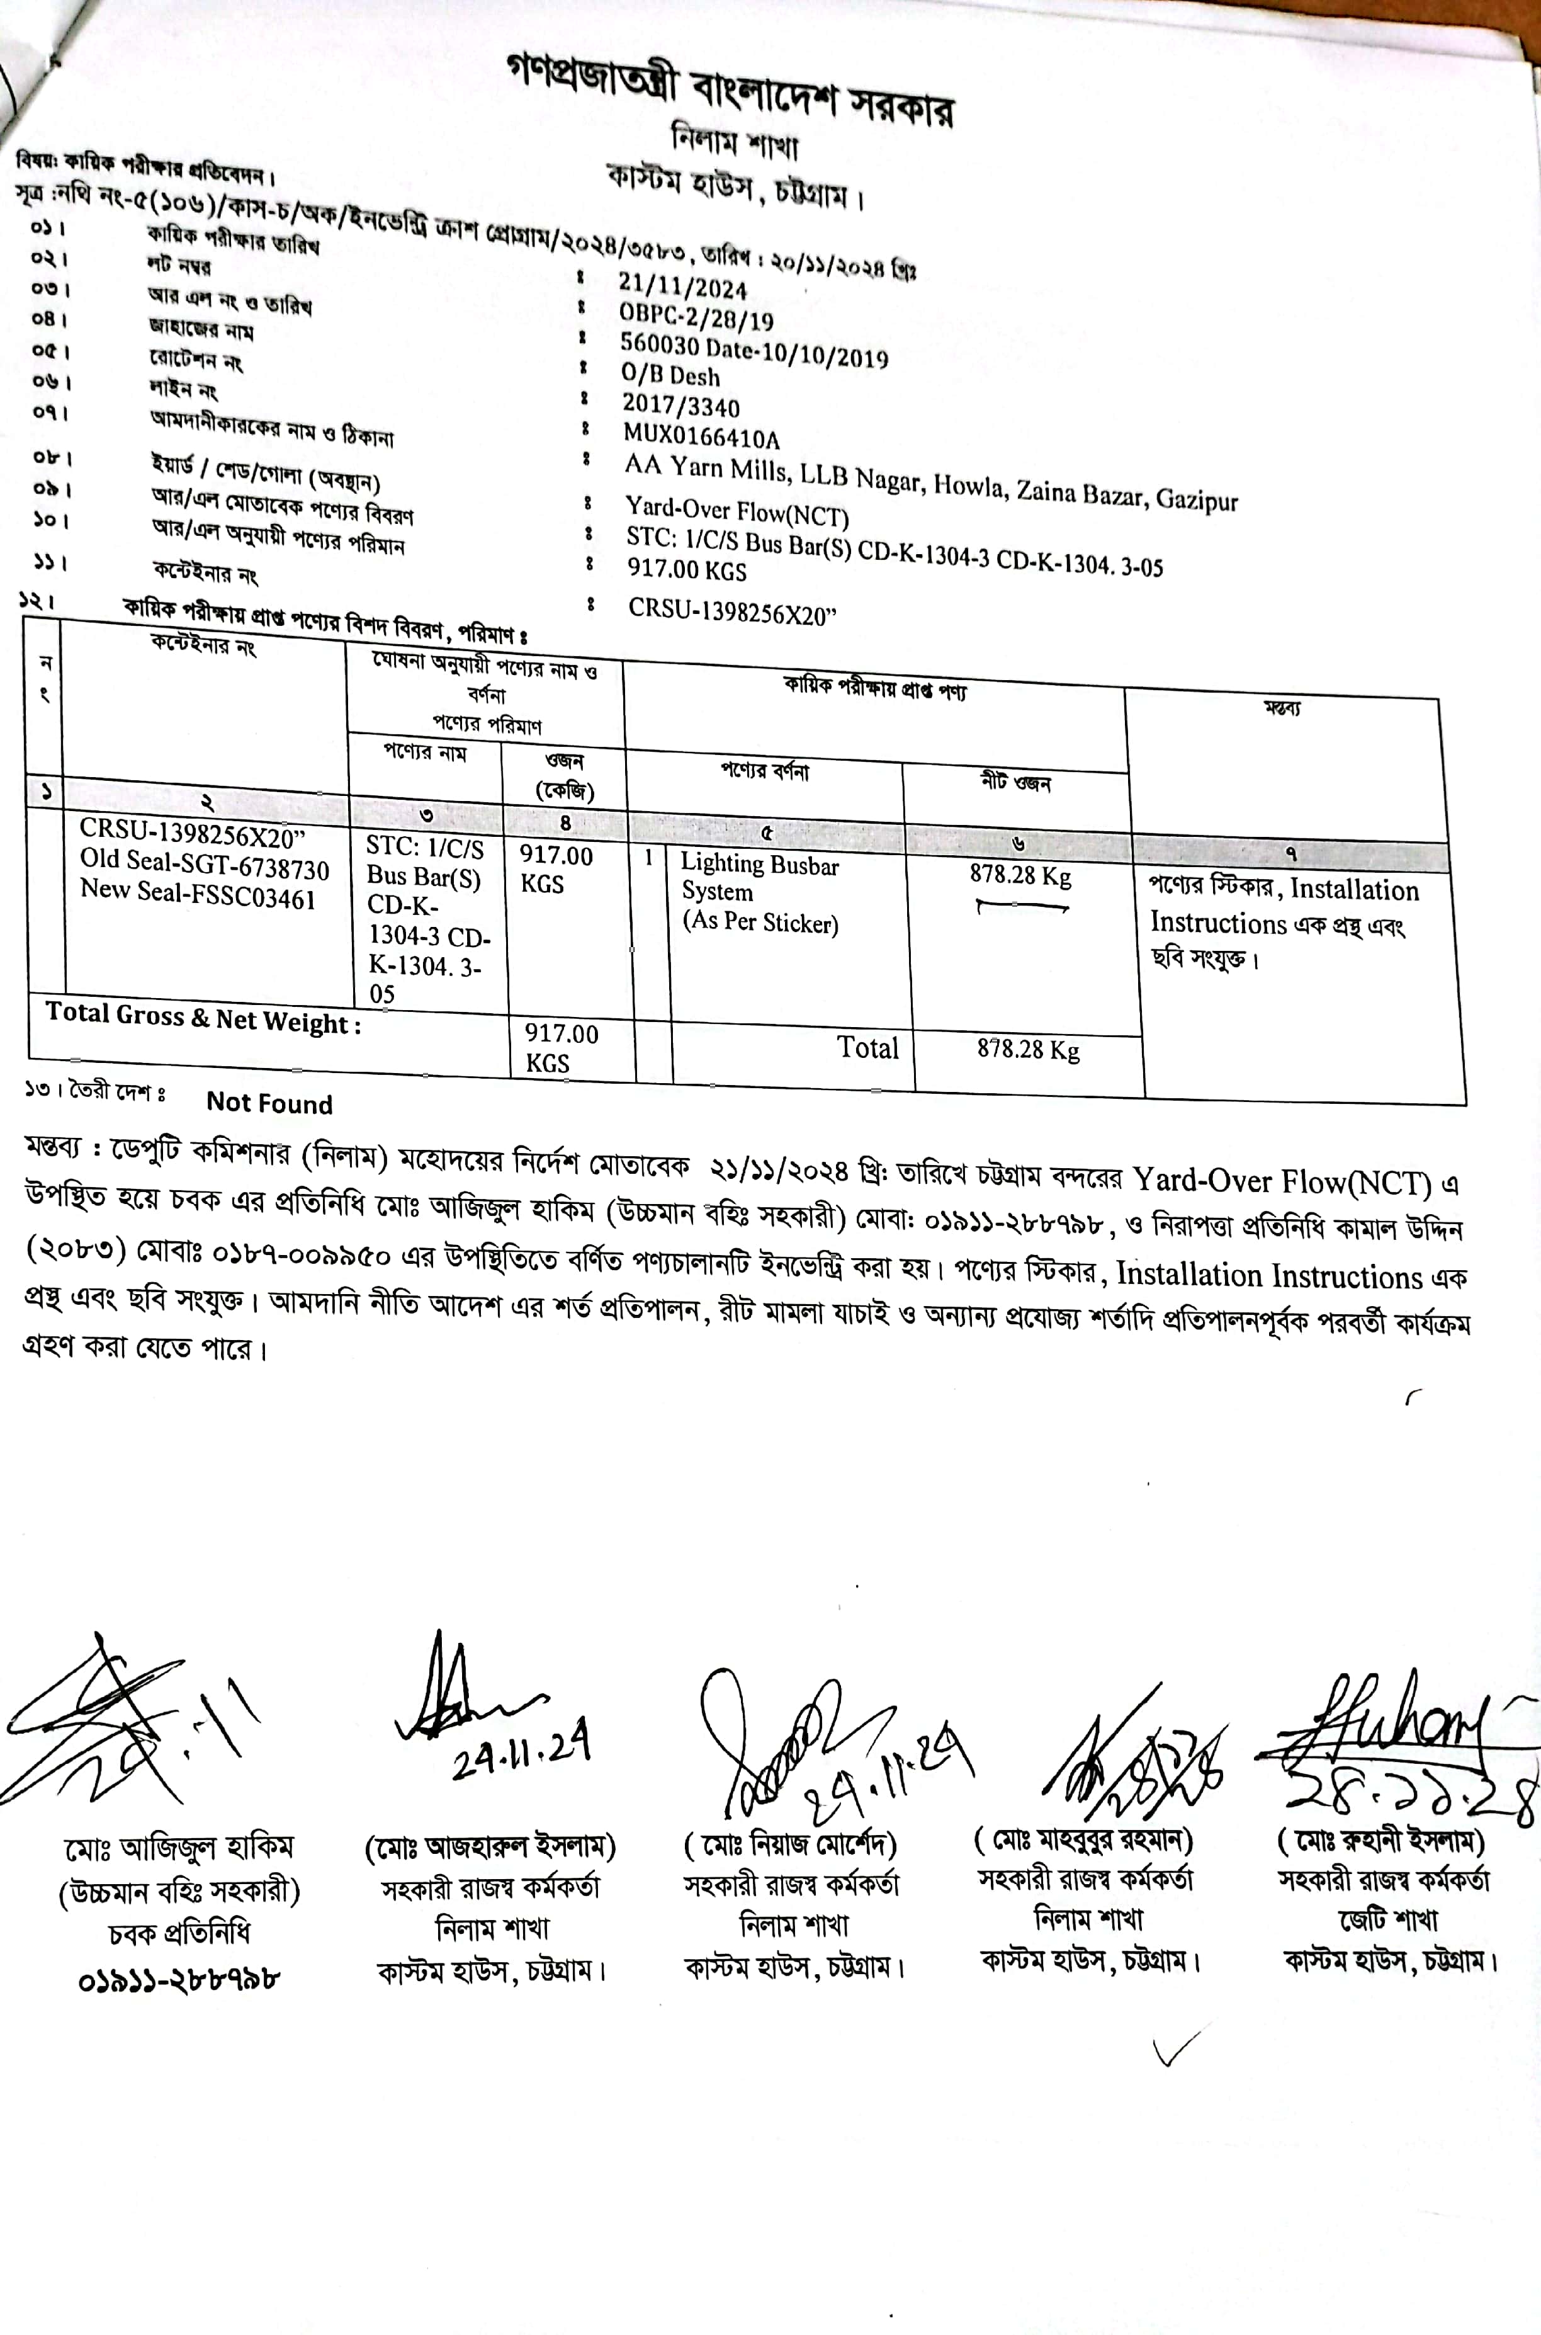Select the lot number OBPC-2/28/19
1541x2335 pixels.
point(696,317)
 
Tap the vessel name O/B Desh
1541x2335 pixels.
point(670,375)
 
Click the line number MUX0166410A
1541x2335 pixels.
point(701,436)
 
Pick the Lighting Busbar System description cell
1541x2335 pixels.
point(760,893)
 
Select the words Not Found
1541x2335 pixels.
point(269,1103)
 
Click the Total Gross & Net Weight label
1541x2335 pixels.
point(203,1018)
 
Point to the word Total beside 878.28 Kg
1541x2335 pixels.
point(868,1047)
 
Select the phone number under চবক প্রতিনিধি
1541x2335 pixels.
point(179,1976)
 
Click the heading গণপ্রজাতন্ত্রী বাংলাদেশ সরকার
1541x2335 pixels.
point(731,91)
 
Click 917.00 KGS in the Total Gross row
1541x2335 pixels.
point(560,1048)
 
